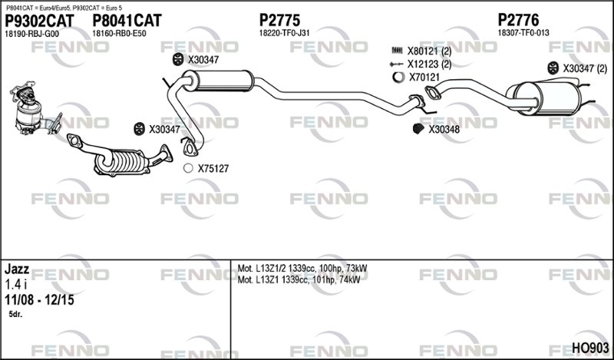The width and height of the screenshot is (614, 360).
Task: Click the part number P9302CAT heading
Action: click(39, 21)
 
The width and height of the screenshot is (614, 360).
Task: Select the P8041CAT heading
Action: click(127, 21)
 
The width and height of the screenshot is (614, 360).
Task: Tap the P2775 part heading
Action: click(279, 20)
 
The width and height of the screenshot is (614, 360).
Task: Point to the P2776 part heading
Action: click(518, 20)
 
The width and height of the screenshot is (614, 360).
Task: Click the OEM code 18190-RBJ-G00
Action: click(31, 34)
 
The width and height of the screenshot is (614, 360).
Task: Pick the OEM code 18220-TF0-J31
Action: click(284, 33)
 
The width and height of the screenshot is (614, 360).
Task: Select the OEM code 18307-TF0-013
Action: click(523, 33)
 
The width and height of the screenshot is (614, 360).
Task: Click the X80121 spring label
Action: click(429, 51)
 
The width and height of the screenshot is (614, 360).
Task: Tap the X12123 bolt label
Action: click(429, 64)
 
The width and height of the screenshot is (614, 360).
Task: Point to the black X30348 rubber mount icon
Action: click(418, 128)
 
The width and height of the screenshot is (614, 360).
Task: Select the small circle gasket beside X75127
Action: click(188, 168)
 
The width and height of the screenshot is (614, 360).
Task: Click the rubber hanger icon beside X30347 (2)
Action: click(553, 68)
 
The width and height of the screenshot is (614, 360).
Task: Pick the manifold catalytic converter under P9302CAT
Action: click(28, 109)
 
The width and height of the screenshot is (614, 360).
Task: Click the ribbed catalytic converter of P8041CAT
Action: click(122, 163)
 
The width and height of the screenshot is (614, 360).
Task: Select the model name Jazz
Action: click(17, 269)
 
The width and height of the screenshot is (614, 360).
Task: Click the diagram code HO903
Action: click(590, 348)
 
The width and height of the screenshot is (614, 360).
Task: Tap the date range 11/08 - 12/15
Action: click(39, 300)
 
